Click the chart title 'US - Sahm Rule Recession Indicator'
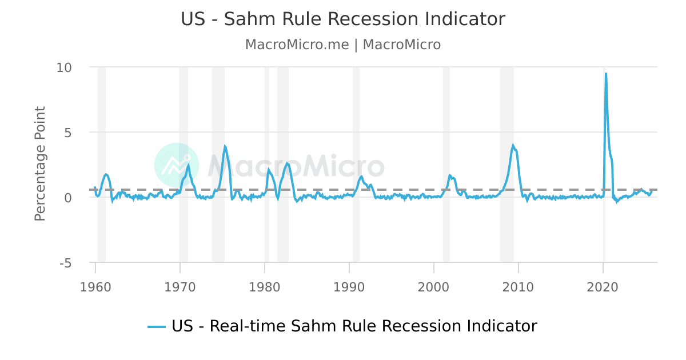tap(343, 19)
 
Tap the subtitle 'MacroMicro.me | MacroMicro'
tap(343, 45)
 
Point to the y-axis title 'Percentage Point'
tap(40, 164)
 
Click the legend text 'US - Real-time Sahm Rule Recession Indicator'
tap(354, 326)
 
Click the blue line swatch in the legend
tap(157, 327)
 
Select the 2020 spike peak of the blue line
tap(606, 73)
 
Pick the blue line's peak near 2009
tap(513, 145)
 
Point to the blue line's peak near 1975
tap(225, 146)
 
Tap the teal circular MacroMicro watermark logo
tap(177, 165)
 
